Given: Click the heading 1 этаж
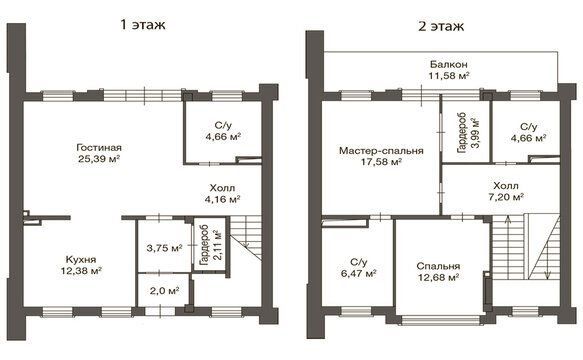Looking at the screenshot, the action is click(x=142, y=25).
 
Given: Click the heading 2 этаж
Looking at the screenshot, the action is click(x=441, y=26).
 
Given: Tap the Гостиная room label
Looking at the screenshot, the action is click(x=99, y=148).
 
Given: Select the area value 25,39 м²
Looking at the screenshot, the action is click(x=99, y=159).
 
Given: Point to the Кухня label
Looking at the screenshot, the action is click(x=81, y=260).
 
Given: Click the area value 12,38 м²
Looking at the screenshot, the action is click(x=81, y=271).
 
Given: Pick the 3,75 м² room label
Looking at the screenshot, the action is click(x=164, y=248).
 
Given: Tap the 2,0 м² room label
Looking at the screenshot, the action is click(x=164, y=290).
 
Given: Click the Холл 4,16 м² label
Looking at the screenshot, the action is click(x=222, y=193).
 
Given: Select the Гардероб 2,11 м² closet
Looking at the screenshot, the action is click(x=210, y=245).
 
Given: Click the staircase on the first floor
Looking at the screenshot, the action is click(x=246, y=238).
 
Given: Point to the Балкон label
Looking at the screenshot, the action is click(x=449, y=64).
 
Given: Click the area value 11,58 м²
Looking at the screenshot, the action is click(x=449, y=76).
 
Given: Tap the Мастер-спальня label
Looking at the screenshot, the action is click(x=381, y=151).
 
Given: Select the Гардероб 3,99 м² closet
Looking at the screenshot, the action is click(x=468, y=133).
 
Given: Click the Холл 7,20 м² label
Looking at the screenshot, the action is click(x=506, y=191).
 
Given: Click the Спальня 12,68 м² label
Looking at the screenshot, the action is click(x=438, y=271).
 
